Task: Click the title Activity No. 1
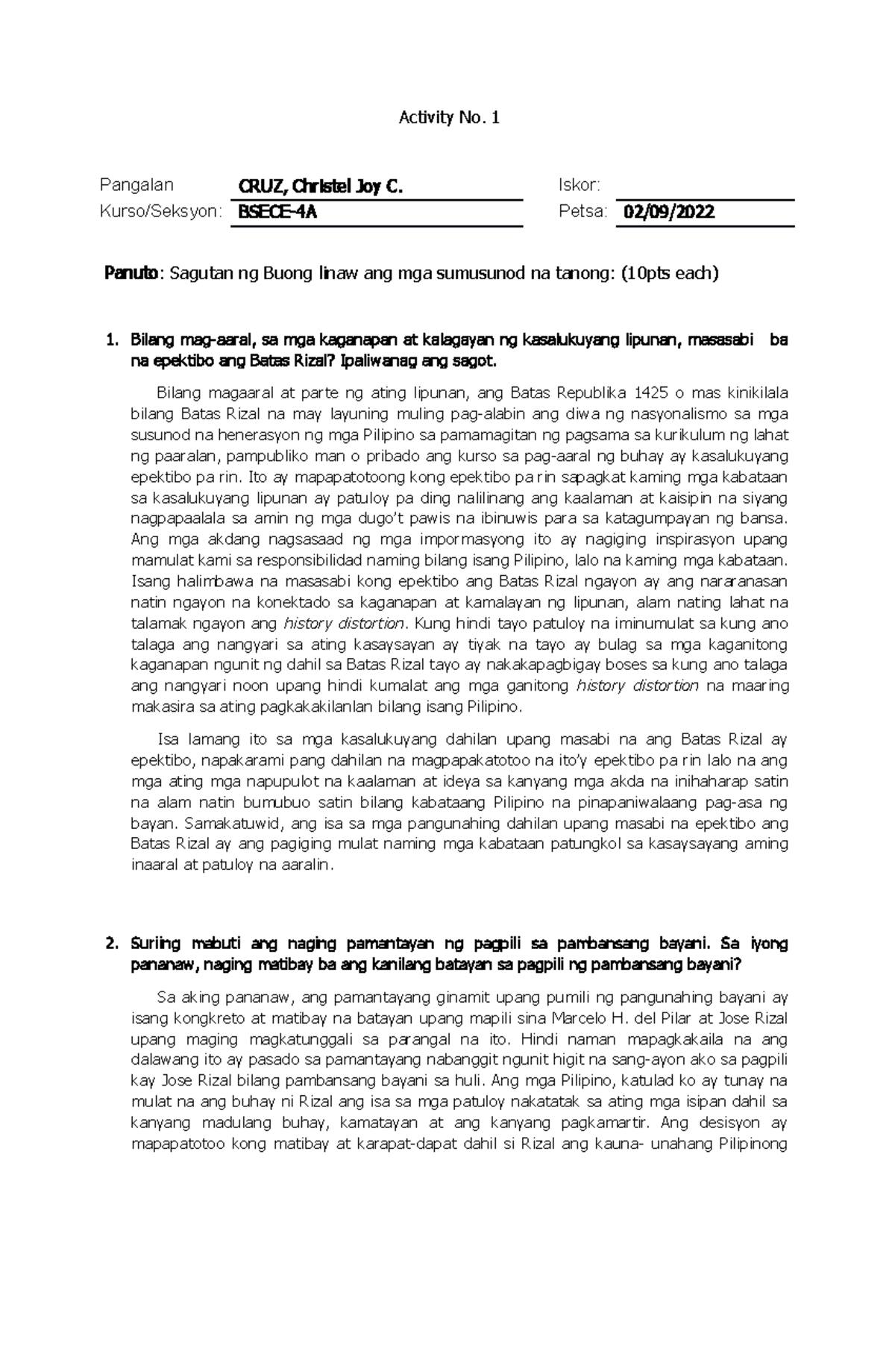coord(449,117)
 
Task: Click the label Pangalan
coord(136,185)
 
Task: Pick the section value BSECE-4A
coord(277,212)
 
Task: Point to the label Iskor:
coord(580,185)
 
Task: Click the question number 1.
coord(112,340)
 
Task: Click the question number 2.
coord(112,944)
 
